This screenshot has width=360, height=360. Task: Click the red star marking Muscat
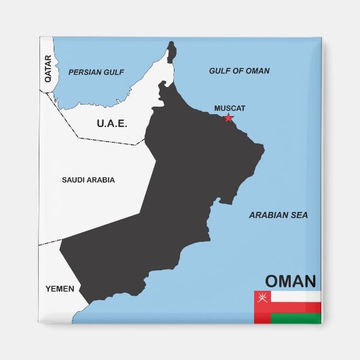[x=228, y=118]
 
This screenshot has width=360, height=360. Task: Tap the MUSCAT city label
[x=230, y=108]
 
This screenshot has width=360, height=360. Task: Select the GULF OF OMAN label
[x=239, y=71]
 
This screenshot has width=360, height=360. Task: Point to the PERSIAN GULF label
[x=96, y=71]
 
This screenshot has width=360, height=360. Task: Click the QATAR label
[x=48, y=69]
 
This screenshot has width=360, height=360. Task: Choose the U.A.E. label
[x=112, y=123]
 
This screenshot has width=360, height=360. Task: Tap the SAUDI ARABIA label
[x=88, y=180]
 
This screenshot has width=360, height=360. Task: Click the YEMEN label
[x=60, y=289]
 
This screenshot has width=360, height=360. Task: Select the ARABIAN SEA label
[x=278, y=215]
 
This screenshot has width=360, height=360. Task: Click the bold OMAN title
[x=290, y=281]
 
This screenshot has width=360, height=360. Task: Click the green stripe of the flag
[x=295, y=319]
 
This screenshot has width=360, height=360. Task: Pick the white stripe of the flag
[x=295, y=296]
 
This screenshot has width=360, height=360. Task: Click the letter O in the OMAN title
[x=272, y=281]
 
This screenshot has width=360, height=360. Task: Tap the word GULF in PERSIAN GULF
[x=112, y=71]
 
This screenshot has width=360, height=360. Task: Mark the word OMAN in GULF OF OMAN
[x=257, y=71]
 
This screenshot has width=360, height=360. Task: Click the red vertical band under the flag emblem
[x=262, y=313]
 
